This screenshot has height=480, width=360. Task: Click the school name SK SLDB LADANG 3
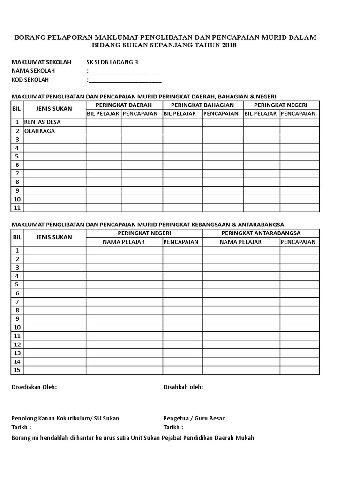point(112,62)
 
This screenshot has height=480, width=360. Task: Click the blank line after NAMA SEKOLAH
point(125,71)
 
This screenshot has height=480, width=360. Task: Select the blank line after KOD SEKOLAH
point(125,80)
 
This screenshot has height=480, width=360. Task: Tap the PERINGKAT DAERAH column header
point(124,105)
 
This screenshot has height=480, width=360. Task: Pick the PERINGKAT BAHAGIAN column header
point(202,105)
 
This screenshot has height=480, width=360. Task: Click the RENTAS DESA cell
point(43,122)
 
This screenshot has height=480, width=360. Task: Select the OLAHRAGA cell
point(40,131)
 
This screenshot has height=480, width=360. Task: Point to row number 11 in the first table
point(17,208)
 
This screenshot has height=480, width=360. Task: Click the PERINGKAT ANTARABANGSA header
point(261,233)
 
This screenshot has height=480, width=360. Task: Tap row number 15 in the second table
point(17,370)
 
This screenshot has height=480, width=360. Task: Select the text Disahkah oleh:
point(183,387)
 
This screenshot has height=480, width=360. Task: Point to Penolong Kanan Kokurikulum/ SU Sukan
point(65,418)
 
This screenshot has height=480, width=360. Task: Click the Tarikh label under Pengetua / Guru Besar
point(173,427)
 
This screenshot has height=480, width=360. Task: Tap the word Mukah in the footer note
point(245,438)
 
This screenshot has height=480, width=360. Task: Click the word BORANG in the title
point(30,37)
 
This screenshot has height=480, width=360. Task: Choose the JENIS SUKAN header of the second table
point(54,237)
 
